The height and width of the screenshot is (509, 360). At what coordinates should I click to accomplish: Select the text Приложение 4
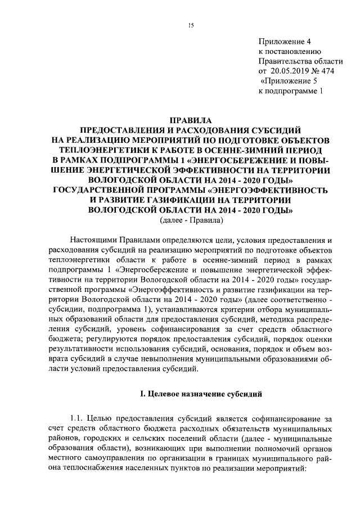pyautogui.click(x=284, y=42)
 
